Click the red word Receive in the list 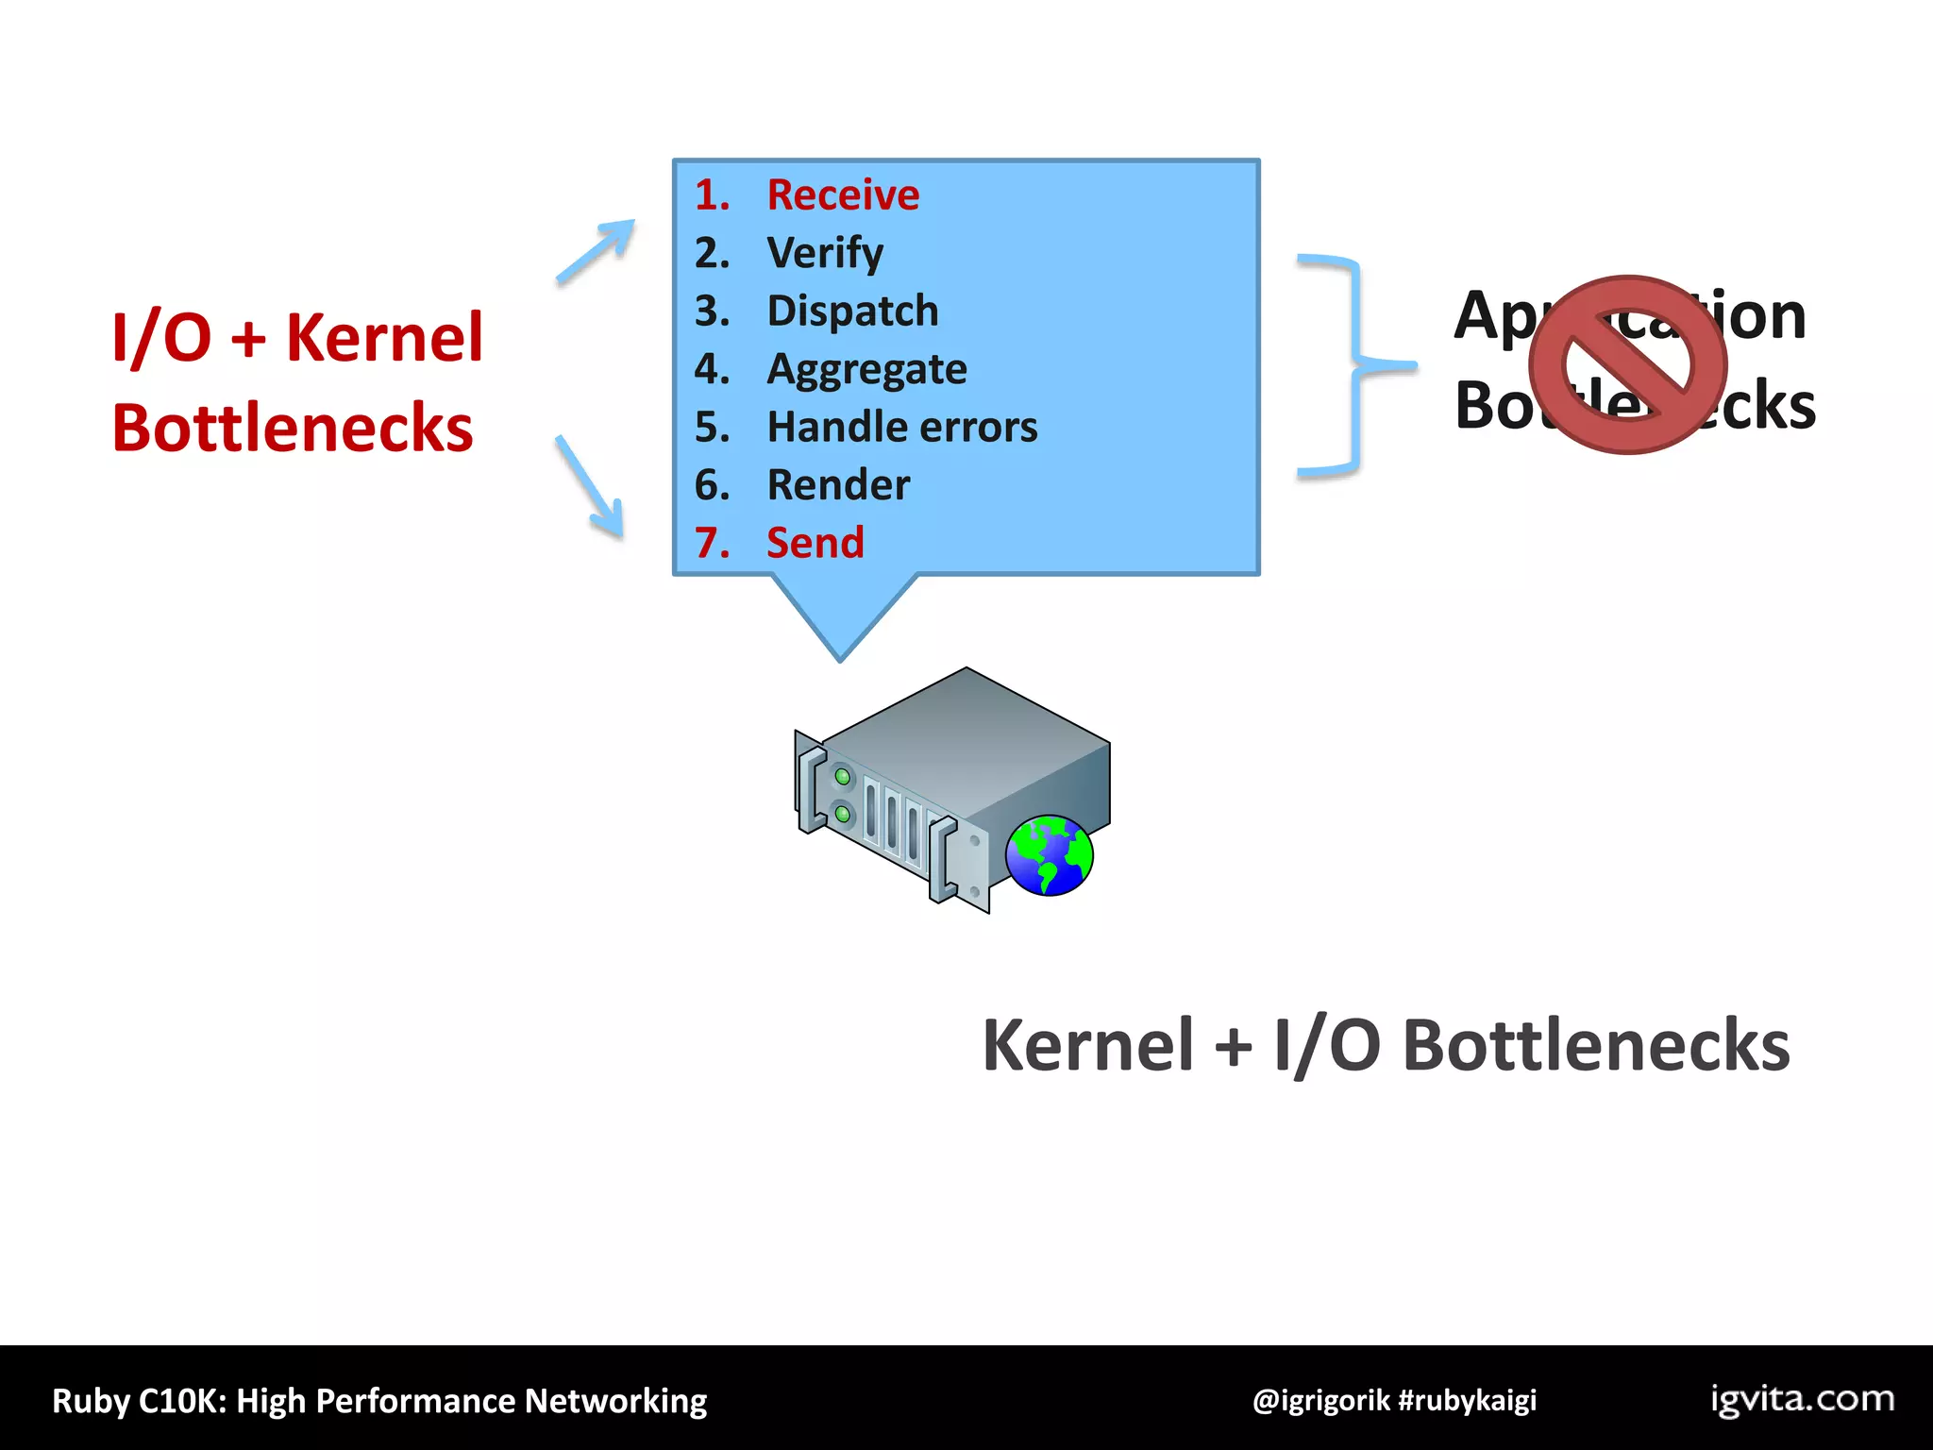[842, 195]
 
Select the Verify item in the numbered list [825, 253]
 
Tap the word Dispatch [852, 312]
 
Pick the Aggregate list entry [866, 369]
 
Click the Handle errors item [901, 427]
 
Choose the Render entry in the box [838, 485]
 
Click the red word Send [815, 543]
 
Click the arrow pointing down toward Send [591, 486]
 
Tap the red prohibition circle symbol [1628, 364]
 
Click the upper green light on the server [842, 777]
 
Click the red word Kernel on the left [384, 338]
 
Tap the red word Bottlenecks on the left [293, 429]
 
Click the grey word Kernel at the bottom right [1087, 1046]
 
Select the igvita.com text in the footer [1802, 1399]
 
